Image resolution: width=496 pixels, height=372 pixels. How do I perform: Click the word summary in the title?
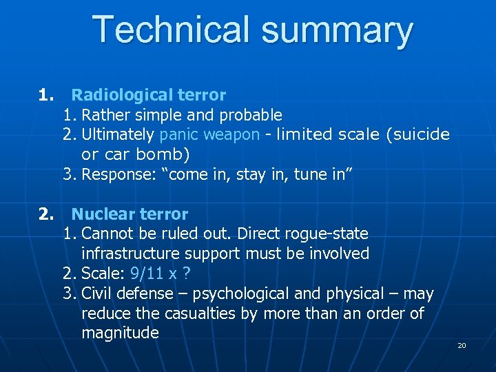336,30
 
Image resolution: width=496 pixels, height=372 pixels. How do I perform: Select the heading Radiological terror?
148,94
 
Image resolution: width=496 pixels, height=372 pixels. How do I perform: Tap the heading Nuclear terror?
130,214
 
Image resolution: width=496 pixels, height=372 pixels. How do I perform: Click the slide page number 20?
462,345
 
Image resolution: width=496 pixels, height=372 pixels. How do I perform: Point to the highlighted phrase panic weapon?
209,134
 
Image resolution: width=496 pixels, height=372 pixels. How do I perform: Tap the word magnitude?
120,333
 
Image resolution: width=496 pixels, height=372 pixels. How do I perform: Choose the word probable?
250,114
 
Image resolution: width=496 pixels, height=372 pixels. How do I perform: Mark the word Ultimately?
118,134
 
